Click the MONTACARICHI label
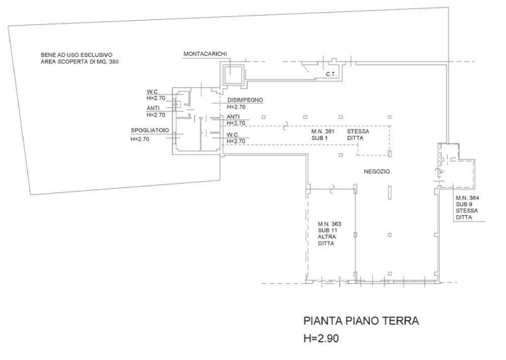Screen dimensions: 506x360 point(205,54)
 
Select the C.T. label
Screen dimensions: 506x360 point(331,74)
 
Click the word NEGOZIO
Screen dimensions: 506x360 point(377,171)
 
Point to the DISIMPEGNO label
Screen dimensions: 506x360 point(245,100)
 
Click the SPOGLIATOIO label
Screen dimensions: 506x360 point(150,130)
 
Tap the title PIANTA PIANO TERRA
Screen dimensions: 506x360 point(361,321)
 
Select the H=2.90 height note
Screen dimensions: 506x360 point(321,339)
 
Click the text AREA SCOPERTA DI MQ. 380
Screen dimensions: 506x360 point(80,61)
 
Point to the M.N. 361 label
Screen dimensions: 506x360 point(323,132)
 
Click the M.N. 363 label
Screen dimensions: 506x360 point(329,224)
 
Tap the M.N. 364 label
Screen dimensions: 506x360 point(467,198)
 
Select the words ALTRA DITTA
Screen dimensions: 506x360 point(326,240)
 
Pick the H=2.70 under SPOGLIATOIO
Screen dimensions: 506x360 point(140,139)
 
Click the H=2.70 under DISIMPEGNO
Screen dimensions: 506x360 point(236,107)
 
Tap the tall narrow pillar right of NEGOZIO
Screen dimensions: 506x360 point(389,193)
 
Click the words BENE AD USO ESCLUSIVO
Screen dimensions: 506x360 point(76,55)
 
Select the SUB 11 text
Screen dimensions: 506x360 point(327,230)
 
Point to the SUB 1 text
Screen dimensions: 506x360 point(320,138)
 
